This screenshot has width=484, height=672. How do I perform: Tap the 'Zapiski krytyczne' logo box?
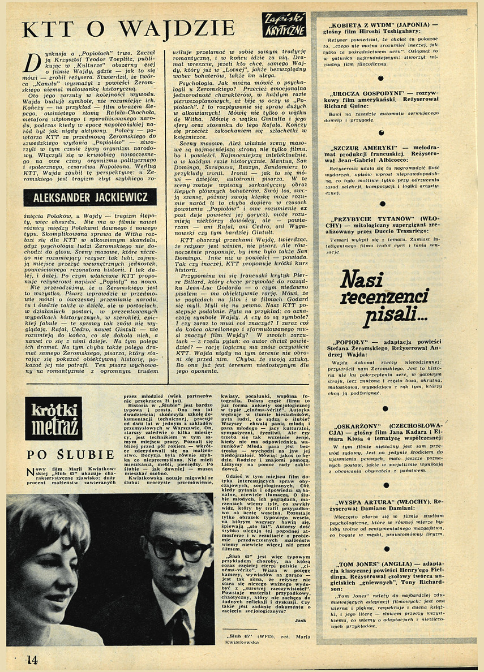coord(285,25)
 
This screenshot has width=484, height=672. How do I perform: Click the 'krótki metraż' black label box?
coord(53,419)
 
